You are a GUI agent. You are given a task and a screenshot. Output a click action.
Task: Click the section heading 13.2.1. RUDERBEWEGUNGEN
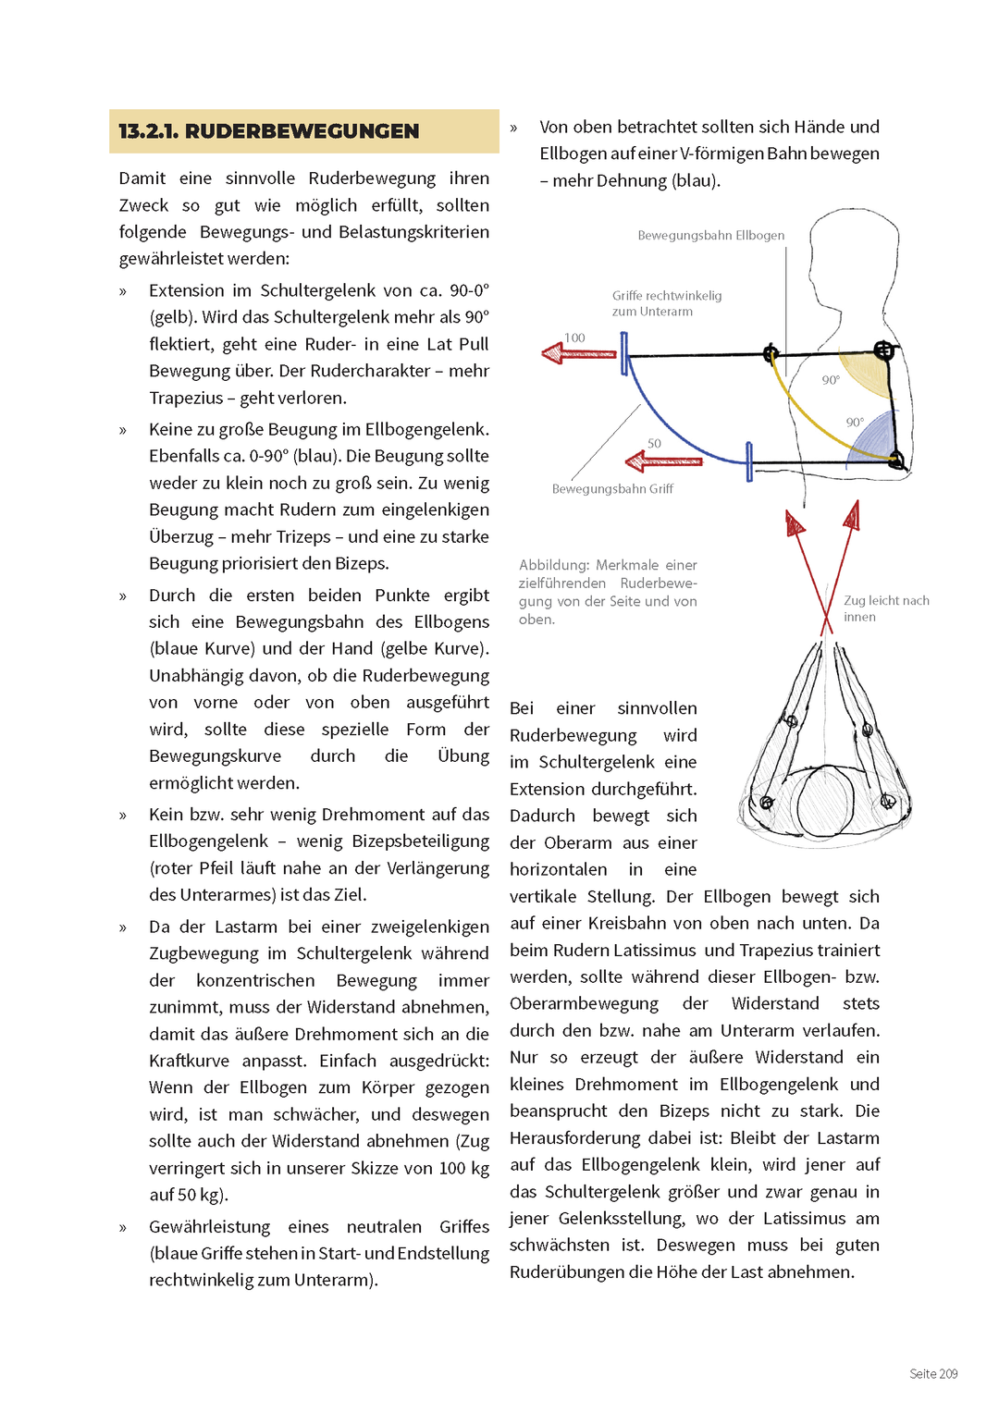tap(269, 131)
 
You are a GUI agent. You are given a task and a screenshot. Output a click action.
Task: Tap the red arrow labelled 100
tap(579, 353)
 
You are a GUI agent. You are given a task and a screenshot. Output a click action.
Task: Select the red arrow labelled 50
tap(663, 460)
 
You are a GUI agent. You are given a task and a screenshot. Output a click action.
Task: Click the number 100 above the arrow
tap(574, 338)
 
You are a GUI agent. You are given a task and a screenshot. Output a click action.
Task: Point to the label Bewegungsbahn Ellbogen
tap(710, 236)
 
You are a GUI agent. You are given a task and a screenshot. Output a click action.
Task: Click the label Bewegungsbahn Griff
tap(612, 488)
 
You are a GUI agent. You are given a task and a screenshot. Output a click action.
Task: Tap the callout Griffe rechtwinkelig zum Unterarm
tap(666, 303)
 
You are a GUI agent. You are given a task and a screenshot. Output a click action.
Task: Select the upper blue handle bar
tap(624, 353)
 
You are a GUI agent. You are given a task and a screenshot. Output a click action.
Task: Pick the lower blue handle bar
tap(748, 461)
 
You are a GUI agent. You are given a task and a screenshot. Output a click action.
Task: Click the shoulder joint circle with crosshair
tap(883, 350)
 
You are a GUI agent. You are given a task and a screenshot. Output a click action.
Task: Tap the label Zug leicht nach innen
tap(885, 608)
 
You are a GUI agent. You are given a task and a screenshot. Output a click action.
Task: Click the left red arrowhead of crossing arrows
tap(794, 523)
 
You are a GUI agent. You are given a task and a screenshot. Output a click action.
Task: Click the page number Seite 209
tap(933, 1373)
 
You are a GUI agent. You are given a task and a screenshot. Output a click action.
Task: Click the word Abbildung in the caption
tap(554, 565)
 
